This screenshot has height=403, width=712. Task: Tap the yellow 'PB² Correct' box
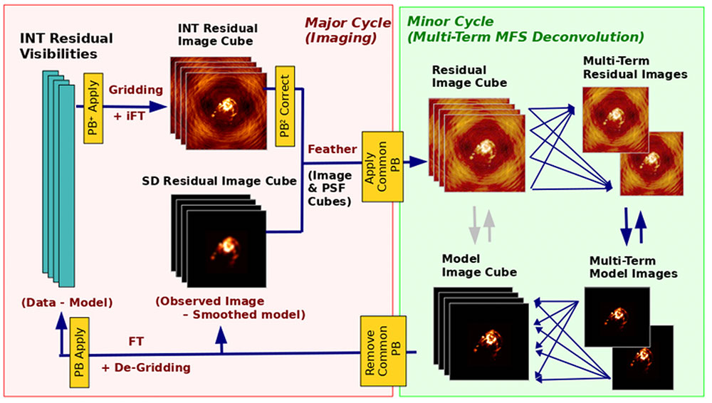[285, 105]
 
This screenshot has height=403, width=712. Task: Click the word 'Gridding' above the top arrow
[136, 90]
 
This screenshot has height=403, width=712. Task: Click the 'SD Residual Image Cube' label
[220, 181]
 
